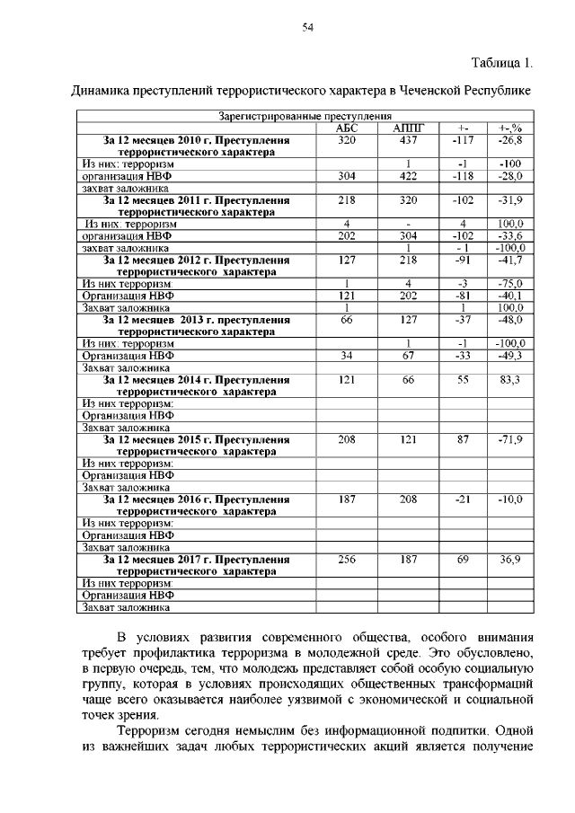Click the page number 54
click(306, 28)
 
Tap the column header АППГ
click(408, 128)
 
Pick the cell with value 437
click(408, 141)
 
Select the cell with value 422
click(408, 177)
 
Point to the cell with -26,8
click(509, 141)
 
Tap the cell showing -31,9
click(509, 200)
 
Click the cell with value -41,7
click(509, 260)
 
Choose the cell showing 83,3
click(509, 380)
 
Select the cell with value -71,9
click(509, 439)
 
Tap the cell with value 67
click(408, 355)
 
